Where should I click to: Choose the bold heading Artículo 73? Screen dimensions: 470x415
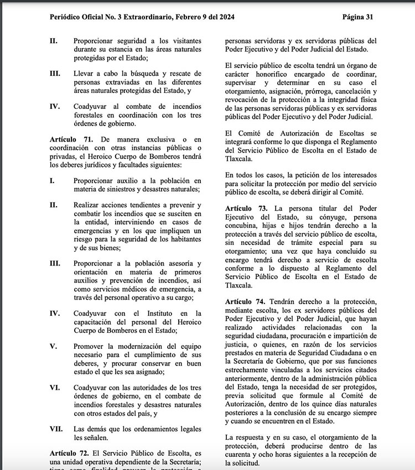click(247, 208)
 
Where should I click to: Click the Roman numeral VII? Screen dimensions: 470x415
click(56, 429)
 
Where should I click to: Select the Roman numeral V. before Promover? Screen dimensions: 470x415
click(53, 347)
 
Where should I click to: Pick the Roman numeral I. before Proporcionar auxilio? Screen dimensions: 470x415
click(51, 180)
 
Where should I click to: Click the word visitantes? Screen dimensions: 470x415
click(182, 41)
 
